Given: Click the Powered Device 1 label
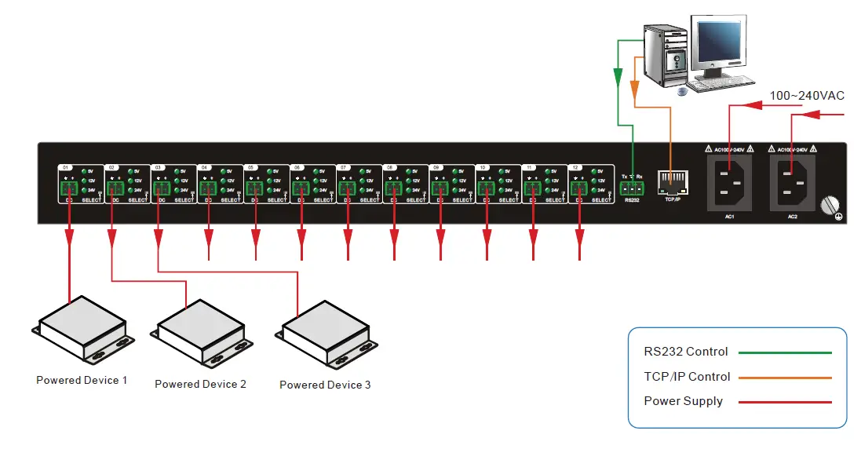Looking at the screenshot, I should point(82,380).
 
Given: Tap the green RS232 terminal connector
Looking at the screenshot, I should point(631,189).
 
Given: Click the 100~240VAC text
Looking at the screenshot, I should point(806,96).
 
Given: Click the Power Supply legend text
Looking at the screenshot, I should point(683,401).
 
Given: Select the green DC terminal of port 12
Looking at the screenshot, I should point(579,188).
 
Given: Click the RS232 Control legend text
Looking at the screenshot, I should point(686,352).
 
